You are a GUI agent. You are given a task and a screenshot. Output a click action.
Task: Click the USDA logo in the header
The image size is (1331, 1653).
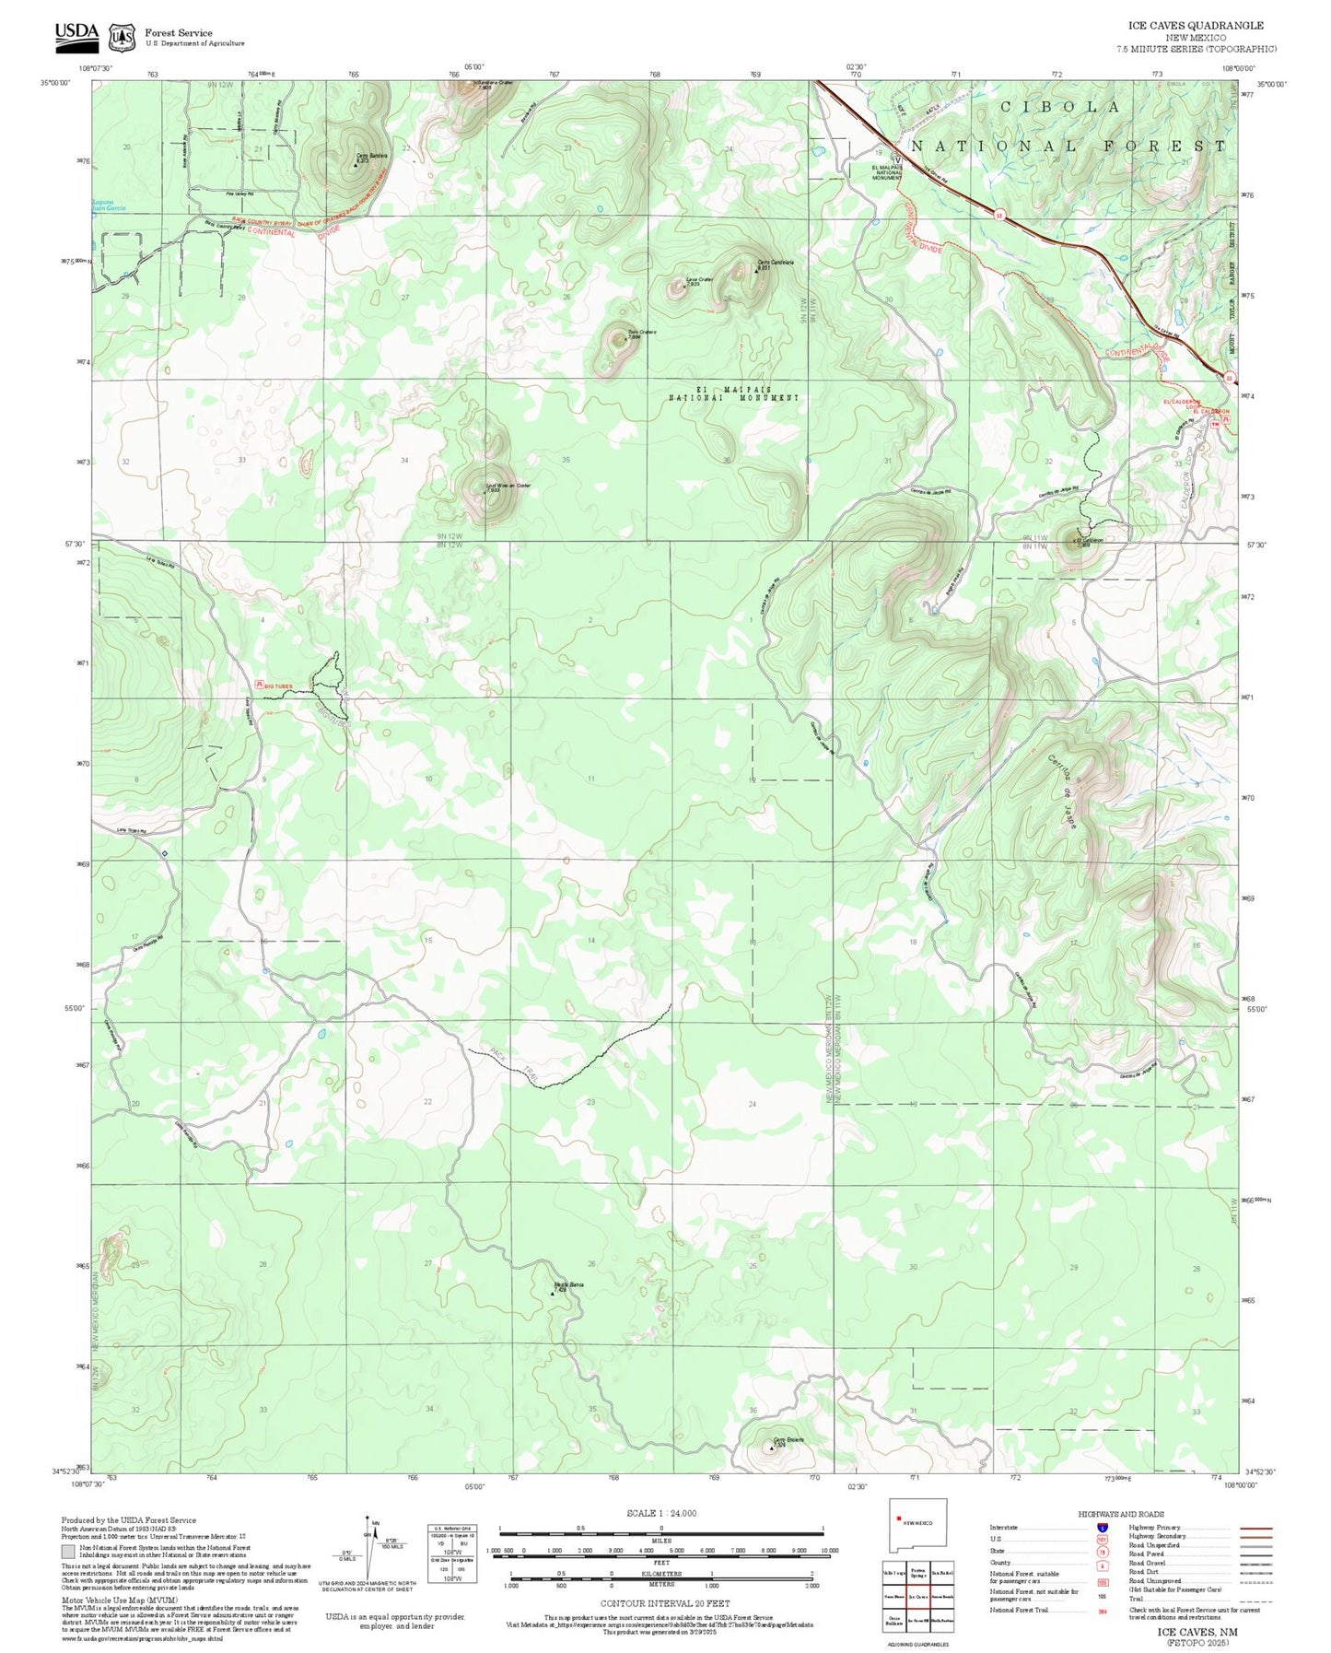click(x=76, y=33)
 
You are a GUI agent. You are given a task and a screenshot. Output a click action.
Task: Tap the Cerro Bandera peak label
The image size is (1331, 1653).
click(x=373, y=157)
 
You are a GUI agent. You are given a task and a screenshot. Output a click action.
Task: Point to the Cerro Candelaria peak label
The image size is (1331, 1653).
click(x=775, y=263)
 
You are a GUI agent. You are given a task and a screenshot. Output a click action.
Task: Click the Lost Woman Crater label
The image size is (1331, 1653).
click(x=508, y=486)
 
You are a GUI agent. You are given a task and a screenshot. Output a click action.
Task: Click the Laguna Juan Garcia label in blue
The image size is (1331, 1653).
click(x=109, y=206)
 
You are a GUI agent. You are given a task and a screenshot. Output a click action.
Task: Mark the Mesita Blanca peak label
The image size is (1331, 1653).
click(x=568, y=1284)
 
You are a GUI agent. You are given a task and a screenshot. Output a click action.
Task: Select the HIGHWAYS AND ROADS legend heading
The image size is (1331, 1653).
click(x=1121, y=1514)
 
